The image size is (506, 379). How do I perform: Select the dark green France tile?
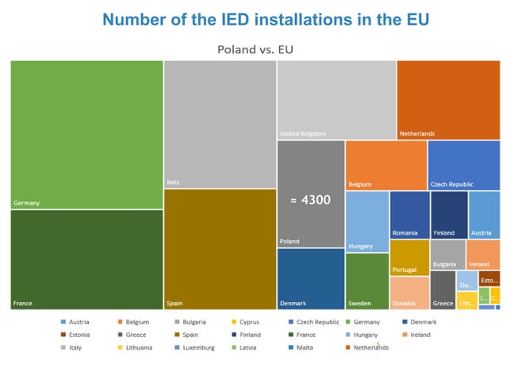click(86, 259)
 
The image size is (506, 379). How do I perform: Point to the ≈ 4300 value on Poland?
click(311, 200)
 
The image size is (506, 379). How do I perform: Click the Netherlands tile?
click(447, 99)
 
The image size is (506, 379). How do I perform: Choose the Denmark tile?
click(310, 278)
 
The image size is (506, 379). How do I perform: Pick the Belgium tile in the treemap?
click(385, 165)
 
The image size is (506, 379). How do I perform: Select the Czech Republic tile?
click(463, 165)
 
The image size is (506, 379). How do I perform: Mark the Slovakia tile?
click(409, 293)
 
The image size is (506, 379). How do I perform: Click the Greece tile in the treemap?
click(442, 290)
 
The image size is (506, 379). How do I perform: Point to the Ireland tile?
click(482, 255)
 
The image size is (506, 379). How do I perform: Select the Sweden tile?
click(367, 281)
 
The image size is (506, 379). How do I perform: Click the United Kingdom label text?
click(303, 134)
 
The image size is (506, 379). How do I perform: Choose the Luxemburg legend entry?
click(197, 347)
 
